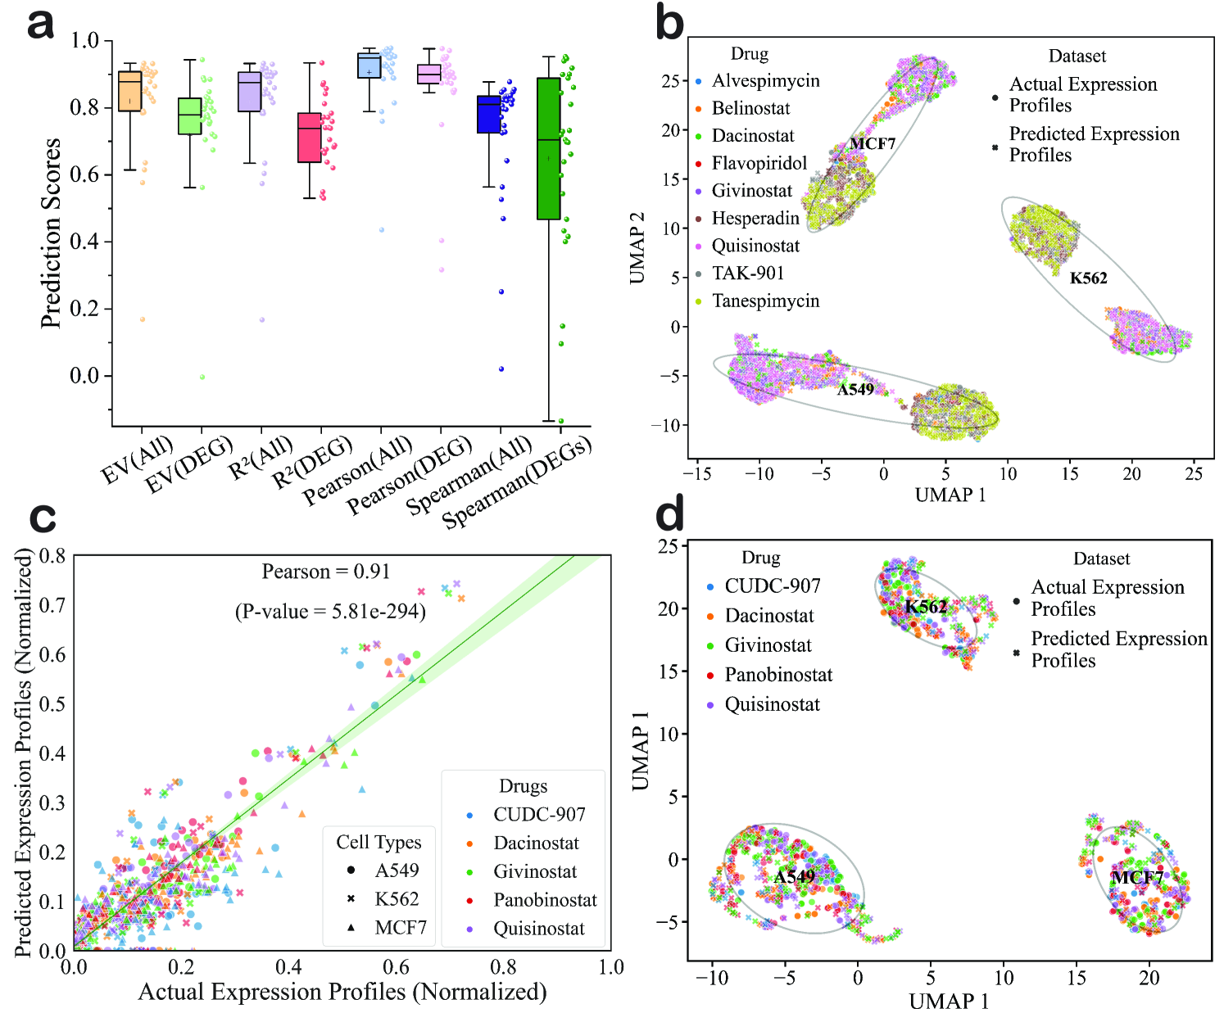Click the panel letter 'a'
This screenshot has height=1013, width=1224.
(x=41, y=25)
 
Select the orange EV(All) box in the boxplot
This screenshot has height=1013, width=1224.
(x=129, y=90)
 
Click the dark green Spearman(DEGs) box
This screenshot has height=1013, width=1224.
(x=548, y=148)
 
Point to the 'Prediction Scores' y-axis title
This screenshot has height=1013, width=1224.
(x=51, y=233)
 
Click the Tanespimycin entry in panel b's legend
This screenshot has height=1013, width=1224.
(x=765, y=301)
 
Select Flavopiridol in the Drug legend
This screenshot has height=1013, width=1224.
(x=759, y=163)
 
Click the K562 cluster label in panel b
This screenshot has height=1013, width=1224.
(x=1088, y=278)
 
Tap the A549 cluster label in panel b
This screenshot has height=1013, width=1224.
(x=855, y=390)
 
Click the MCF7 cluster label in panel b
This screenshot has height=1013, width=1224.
(x=872, y=144)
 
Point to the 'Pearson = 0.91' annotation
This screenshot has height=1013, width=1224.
(x=325, y=572)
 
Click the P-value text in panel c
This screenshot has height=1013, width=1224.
(x=330, y=612)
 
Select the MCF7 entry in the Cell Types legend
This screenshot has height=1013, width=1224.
(x=400, y=927)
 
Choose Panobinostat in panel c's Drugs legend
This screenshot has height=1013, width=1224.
(x=545, y=900)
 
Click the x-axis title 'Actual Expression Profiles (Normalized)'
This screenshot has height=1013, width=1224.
(x=342, y=992)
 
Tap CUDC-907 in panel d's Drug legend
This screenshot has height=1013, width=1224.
(x=772, y=586)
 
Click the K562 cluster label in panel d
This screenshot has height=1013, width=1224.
(x=926, y=607)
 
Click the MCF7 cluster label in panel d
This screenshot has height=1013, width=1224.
(x=1136, y=877)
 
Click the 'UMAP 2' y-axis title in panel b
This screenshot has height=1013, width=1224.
(x=637, y=247)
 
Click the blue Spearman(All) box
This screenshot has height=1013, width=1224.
(x=488, y=115)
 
